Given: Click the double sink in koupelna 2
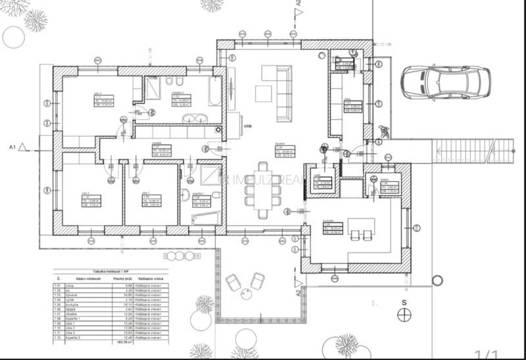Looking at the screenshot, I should (x=195, y=119).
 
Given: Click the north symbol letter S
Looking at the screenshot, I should (x=406, y=304).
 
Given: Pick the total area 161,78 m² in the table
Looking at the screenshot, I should (x=121, y=342).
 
